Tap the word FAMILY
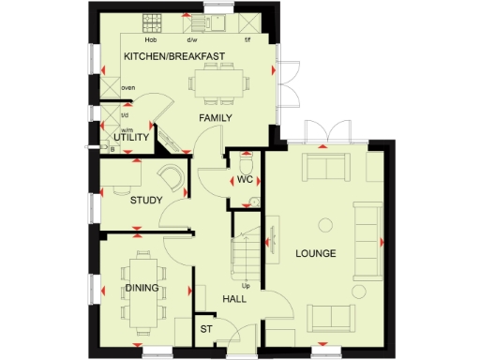click(213, 117)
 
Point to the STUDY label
click(146, 200)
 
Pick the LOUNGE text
click(316, 254)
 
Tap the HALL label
click(233, 299)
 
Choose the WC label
click(246, 179)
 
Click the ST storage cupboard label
click(205, 329)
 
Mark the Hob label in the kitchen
click(150, 40)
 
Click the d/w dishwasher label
click(192, 40)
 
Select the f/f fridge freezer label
click(247, 40)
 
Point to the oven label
click(128, 88)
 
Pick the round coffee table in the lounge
click(325, 224)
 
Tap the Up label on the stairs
click(247, 285)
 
